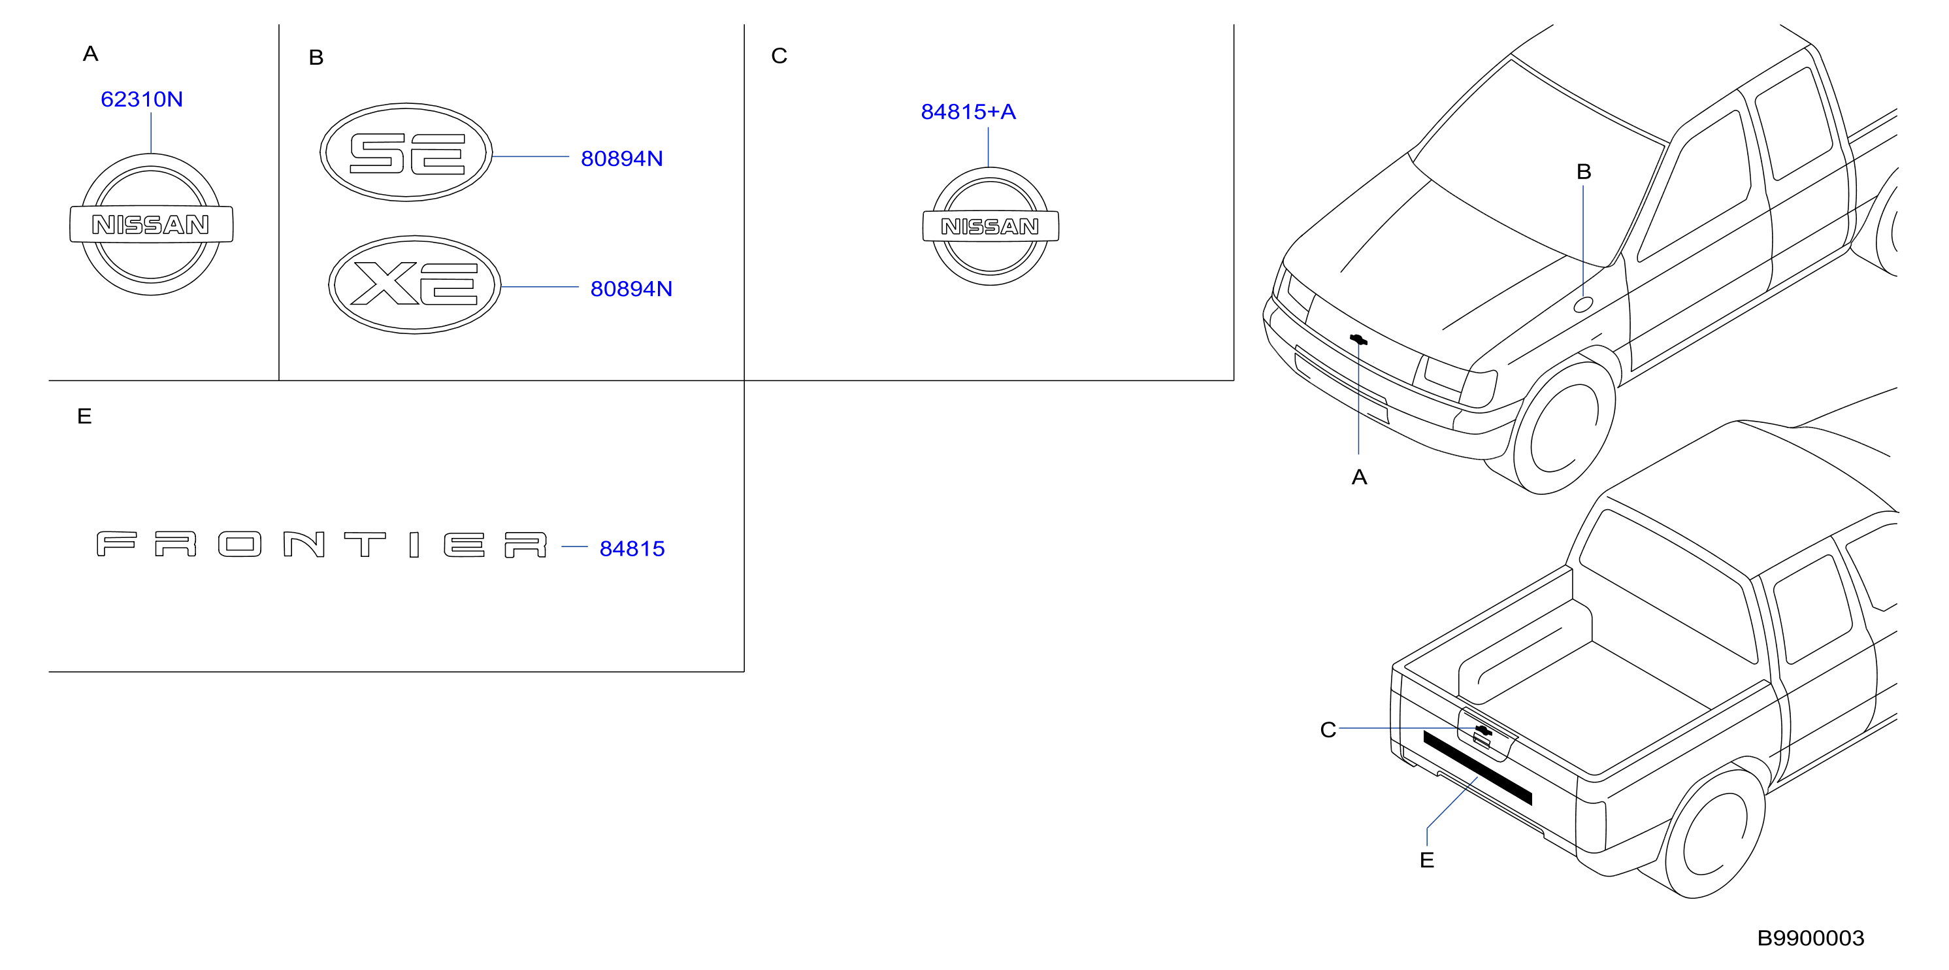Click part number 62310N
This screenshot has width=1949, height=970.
(x=142, y=99)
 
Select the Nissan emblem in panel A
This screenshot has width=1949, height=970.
(x=152, y=225)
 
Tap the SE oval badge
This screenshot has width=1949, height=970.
(x=406, y=152)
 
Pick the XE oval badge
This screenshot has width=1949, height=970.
(x=415, y=284)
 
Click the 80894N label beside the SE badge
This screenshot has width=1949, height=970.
(x=622, y=158)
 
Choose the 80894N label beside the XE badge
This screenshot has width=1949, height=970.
(x=631, y=288)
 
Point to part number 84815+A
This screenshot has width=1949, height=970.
(x=968, y=111)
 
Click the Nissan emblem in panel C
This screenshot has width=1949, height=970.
(x=991, y=226)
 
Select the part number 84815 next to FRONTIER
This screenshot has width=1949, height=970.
(x=632, y=548)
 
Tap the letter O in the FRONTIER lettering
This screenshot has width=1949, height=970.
(x=240, y=544)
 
